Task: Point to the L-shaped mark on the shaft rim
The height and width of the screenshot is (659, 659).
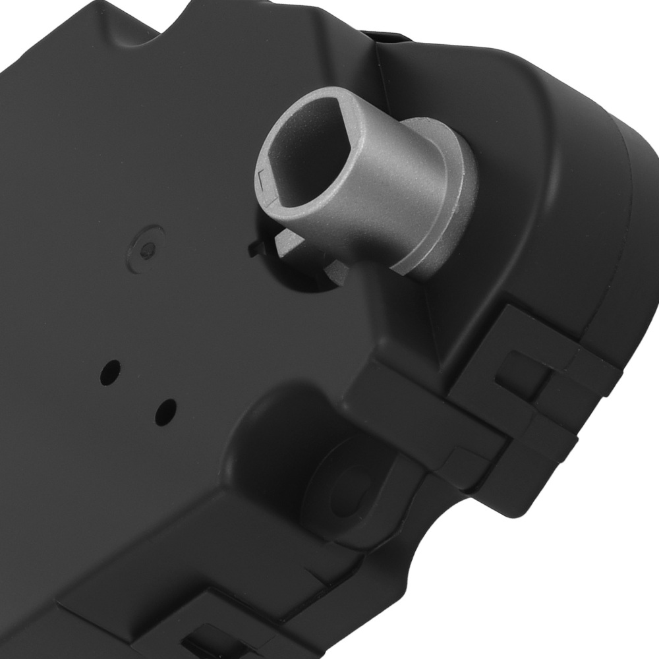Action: (x=266, y=177)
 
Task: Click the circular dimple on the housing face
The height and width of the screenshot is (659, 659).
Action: (x=150, y=248)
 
